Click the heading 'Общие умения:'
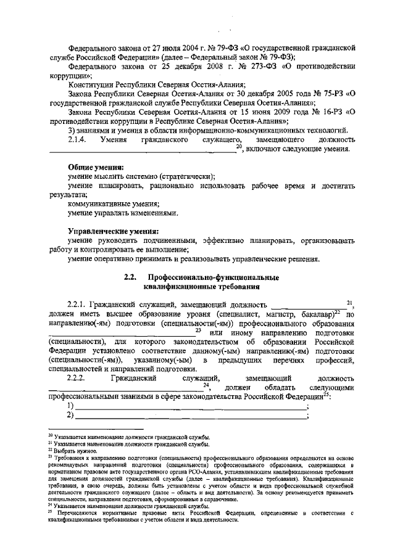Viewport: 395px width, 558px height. tap(96, 168)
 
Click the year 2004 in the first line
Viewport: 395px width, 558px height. tap(175, 46)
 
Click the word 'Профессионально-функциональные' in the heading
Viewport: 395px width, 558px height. tap(214, 277)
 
